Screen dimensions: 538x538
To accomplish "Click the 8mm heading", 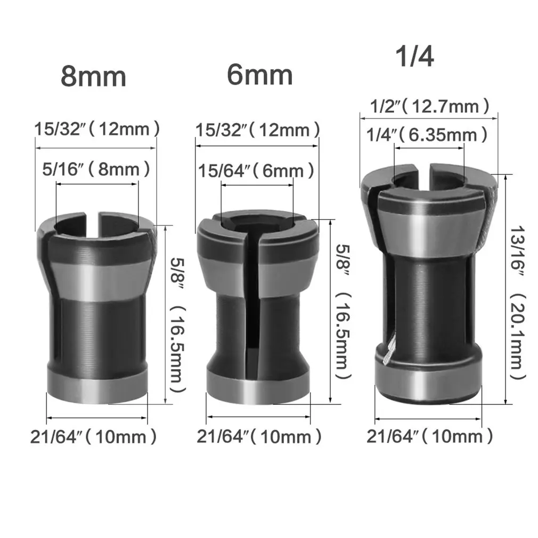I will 93,76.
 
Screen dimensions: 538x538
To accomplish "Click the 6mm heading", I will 259,75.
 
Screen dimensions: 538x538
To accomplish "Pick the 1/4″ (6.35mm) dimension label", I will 427,135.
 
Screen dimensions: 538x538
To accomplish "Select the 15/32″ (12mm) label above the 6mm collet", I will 258,129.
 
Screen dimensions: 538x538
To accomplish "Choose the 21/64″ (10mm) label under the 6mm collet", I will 259,437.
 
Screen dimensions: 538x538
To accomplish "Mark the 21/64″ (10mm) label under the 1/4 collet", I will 429,437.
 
